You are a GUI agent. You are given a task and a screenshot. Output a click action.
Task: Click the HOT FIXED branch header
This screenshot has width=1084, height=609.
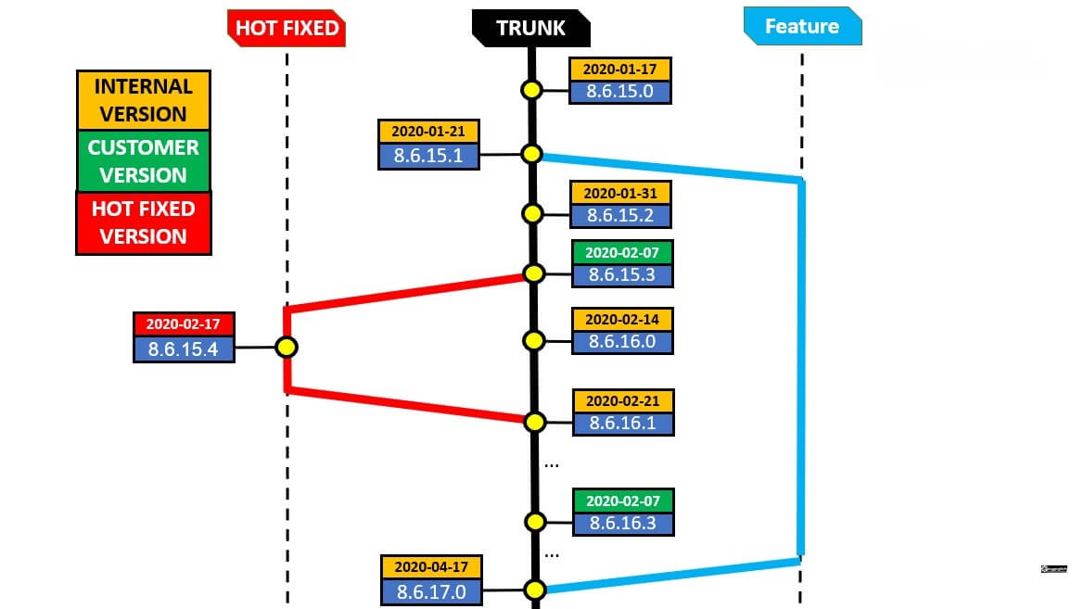tap(287, 28)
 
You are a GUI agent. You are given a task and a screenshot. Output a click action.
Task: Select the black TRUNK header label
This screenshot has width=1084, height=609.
tap(530, 28)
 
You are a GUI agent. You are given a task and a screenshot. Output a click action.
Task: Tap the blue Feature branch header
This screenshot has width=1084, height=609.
tap(802, 27)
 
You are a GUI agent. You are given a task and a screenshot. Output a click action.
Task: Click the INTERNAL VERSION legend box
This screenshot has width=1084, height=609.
tap(143, 100)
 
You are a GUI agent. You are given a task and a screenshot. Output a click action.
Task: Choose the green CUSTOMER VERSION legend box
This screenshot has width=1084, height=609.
tap(143, 161)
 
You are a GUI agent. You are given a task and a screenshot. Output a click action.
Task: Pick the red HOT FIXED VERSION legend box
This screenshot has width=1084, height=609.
tap(143, 222)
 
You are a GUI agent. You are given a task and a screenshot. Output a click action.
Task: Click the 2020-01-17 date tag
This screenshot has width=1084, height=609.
tap(620, 70)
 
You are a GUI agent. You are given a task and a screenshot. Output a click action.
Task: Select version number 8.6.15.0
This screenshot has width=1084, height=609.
tap(620, 92)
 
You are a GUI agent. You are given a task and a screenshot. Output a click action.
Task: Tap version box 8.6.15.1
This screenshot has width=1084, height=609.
tap(428, 155)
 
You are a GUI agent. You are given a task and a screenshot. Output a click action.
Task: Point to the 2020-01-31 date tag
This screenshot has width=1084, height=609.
tap(620, 193)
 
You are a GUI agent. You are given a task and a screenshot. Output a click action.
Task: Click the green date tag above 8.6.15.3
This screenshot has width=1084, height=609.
tap(622, 251)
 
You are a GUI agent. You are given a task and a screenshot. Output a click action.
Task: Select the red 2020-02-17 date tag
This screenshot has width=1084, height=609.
tap(184, 324)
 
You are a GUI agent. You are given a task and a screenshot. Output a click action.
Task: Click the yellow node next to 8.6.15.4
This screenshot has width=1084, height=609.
tap(287, 348)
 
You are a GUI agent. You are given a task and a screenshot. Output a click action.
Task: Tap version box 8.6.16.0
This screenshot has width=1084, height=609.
tap(622, 340)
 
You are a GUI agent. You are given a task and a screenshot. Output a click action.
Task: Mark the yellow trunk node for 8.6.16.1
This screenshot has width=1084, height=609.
tap(534, 422)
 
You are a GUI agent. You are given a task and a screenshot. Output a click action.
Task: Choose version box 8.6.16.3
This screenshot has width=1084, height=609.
tap(622, 523)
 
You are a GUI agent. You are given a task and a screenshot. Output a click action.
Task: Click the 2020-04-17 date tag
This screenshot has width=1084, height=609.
tap(431, 566)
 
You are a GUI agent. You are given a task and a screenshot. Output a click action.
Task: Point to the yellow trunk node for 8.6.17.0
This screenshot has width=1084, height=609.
tap(534, 590)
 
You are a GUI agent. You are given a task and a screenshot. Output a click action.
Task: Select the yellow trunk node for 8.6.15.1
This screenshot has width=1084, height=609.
tap(531, 154)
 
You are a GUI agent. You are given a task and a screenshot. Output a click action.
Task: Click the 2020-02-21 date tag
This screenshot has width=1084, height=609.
tap(623, 400)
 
